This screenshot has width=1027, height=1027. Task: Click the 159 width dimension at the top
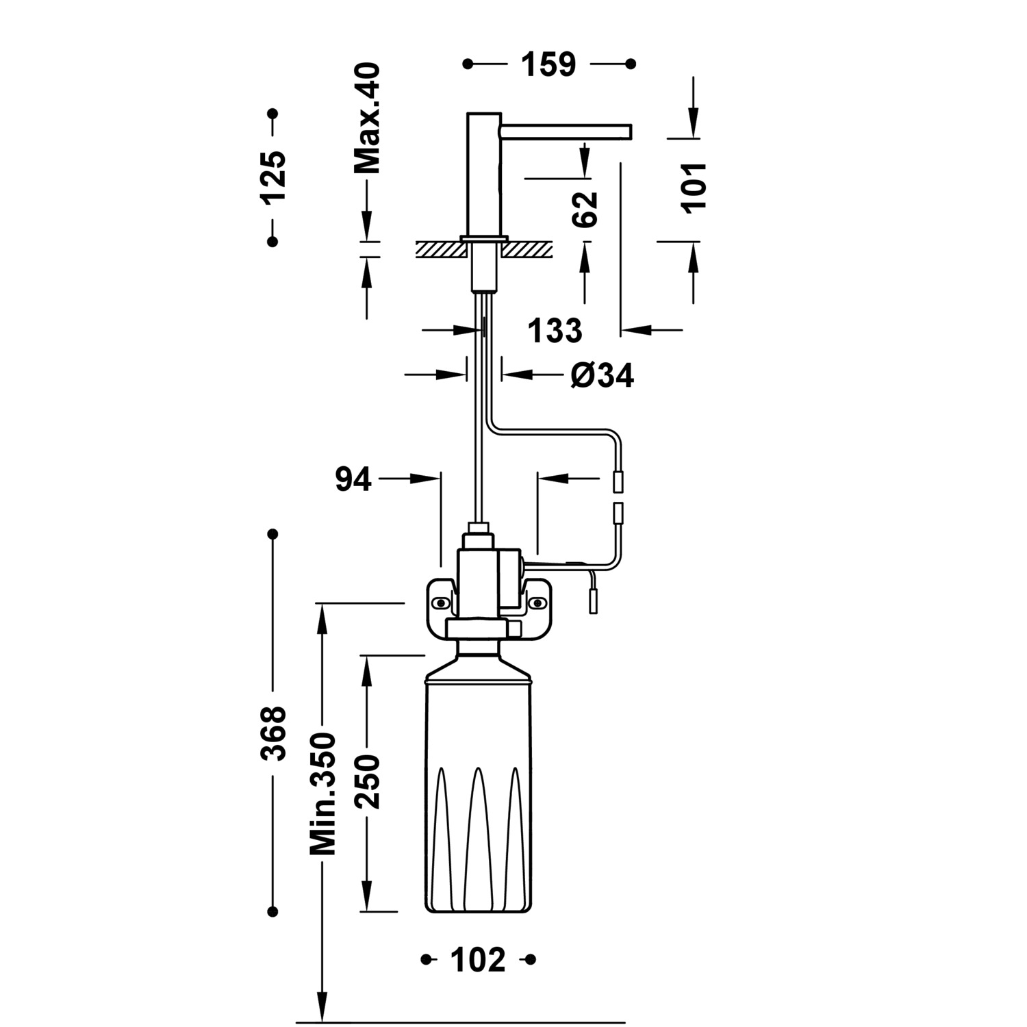pos(548,64)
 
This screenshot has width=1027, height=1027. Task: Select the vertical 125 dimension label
pos(272,177)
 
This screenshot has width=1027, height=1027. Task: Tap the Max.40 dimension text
pos(367,118)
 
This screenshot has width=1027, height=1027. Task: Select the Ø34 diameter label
pos(603,375)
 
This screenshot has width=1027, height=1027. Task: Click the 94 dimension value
pos(353,480)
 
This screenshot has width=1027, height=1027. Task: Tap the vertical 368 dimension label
pos(272,734)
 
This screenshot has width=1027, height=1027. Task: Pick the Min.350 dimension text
pos(322,794)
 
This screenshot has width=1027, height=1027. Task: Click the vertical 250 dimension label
pos(367,782)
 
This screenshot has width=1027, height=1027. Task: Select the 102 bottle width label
pos(478,960)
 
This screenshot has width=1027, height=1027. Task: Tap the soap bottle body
pos(478,787)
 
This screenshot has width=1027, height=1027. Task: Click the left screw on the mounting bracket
pos(441,603)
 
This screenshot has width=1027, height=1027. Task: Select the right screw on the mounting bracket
pos(538,603)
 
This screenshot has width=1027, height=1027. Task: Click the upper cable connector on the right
pos(618,482)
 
